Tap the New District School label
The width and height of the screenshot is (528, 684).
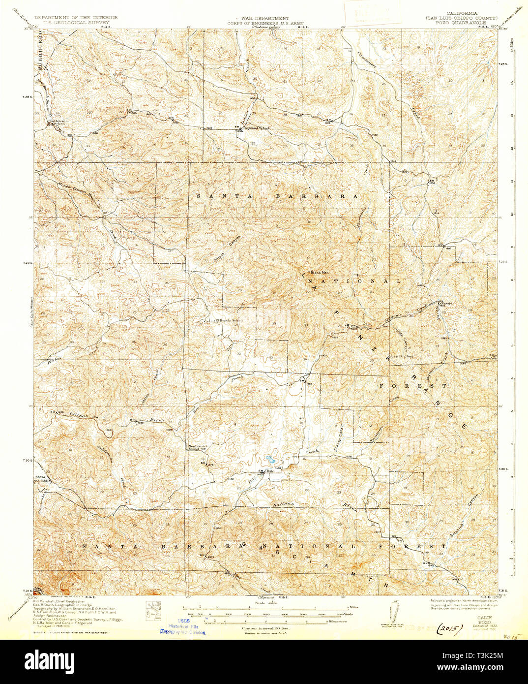click(x=186, y=447)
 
